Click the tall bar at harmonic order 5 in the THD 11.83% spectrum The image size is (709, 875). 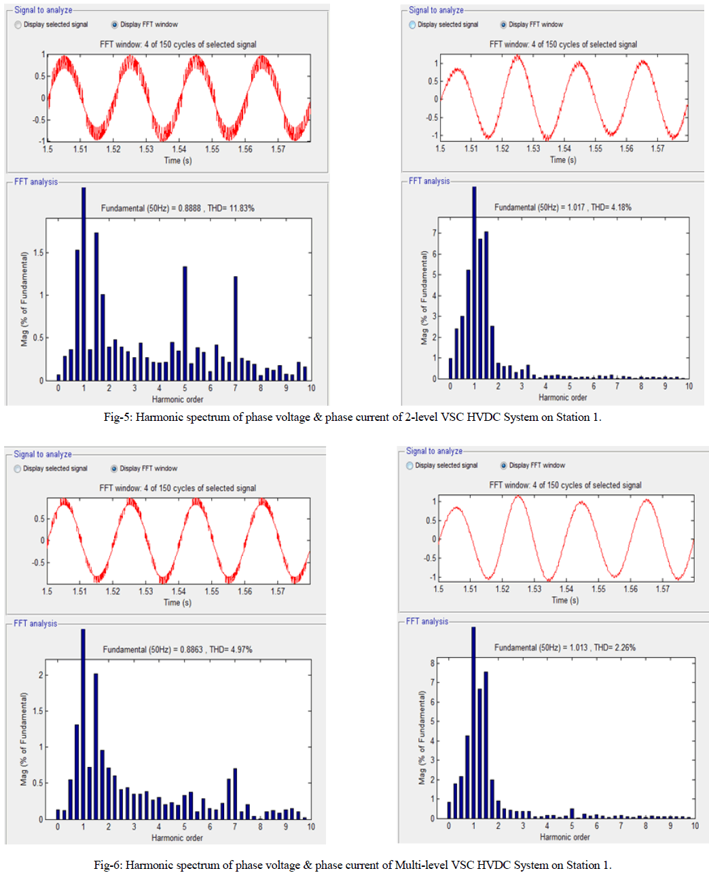tap(185, 322)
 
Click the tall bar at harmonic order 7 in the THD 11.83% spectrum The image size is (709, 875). tap(236, 328)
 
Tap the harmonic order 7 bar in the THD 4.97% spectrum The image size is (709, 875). tap(235, 793)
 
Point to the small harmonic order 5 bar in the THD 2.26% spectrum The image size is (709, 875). tap(572, 813)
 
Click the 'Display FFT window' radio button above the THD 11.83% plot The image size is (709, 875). tap(115, 24)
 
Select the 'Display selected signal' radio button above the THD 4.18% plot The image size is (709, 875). tap(412, 24)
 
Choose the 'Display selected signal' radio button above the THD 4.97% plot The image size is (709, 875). tap(18, 468)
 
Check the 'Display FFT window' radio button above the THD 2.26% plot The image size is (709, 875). tap(504, 466)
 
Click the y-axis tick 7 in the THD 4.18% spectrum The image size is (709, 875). tap(435, 233)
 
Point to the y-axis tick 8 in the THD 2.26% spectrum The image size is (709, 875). tap(433, 663)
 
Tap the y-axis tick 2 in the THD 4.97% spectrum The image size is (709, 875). tap(41, 675)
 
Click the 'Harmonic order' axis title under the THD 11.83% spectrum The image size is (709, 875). tap(177, 399)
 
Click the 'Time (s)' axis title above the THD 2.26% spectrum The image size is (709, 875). tap(565, 600)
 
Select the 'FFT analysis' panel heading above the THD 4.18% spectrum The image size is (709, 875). tap(429, 181)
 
